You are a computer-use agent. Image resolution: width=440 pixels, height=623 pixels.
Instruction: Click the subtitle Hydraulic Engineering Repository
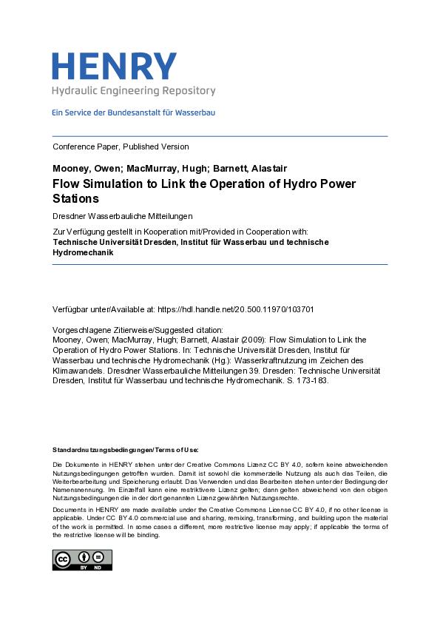(x=133, y=91)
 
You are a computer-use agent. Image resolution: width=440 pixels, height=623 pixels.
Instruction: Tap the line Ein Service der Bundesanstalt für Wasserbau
(x=133, y=113)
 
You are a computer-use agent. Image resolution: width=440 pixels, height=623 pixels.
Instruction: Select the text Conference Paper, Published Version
(x=121, y=147)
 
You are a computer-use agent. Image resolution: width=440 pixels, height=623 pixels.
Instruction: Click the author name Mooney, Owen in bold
(x=82, y=168)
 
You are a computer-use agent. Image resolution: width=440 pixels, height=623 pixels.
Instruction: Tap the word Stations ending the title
(x=75, y=199)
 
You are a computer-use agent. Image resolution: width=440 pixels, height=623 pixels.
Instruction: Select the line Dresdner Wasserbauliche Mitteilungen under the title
(x=122, y=216)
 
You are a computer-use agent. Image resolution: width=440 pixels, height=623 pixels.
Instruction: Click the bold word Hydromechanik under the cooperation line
(x=84, y=252)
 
